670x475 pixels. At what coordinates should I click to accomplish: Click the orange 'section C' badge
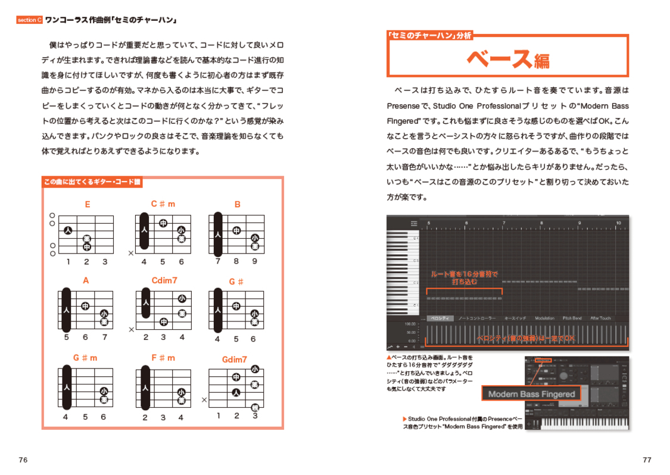pos(29,20)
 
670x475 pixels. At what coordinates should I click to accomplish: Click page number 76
pos(23,460)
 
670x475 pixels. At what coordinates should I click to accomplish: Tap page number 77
pos(647,460)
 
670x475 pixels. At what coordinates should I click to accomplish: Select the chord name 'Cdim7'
pos(164,280)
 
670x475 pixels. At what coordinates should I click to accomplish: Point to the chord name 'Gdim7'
pos(234,360)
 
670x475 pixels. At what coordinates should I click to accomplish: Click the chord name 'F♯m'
pos(163,358)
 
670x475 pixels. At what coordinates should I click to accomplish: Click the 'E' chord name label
pos(88,204)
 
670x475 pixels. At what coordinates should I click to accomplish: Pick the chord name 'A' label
pos(86,280)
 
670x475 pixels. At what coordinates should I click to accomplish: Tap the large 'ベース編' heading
pos(507,58)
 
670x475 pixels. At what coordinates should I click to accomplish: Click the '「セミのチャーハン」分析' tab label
pos(429,36)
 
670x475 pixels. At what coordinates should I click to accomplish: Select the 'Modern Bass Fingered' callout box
pos(531,394)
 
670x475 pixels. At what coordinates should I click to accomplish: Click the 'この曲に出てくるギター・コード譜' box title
pos(92,182)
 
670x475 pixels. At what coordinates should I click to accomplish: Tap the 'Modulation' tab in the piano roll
pos(544,318)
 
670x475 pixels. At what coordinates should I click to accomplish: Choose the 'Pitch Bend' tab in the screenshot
pos(572,318)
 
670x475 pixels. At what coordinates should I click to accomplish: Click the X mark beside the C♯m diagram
pos(130,254)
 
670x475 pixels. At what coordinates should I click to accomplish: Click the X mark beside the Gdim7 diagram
pos(204,400)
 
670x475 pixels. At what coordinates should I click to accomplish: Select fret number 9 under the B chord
pos(254,261)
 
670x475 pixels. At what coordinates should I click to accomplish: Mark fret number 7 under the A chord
pos(105,337)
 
